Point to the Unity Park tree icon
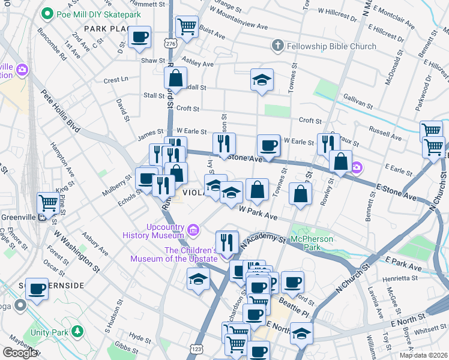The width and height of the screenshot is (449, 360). (77, 331)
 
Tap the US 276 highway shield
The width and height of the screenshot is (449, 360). (171, 43)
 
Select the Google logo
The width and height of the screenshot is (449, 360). (20, 353)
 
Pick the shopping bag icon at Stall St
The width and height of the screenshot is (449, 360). (175, 77)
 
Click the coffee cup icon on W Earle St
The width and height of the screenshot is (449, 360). (268, 145)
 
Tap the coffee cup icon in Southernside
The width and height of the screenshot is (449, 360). (37, 289)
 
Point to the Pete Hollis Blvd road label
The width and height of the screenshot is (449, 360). (61, 112)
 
